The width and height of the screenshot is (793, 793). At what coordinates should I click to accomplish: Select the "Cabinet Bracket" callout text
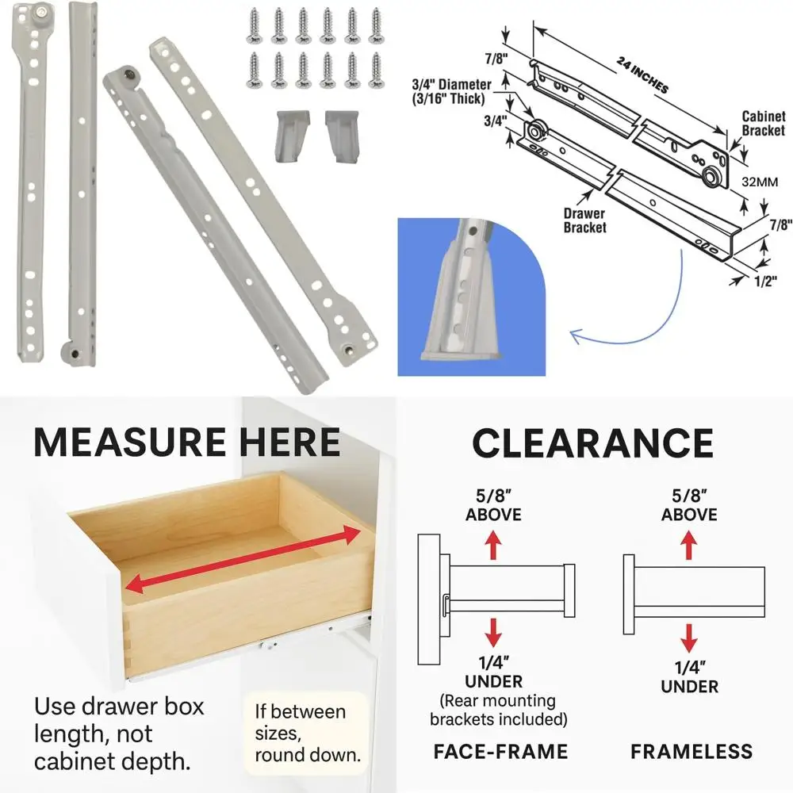763,124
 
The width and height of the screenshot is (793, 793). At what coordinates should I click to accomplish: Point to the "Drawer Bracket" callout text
585,220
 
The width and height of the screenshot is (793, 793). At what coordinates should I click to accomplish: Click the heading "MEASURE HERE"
187,442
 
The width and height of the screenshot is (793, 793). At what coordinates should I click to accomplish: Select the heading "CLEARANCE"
592,442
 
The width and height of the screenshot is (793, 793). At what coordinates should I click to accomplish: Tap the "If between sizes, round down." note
305,731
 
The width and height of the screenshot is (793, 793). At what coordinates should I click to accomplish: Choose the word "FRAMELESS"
691,751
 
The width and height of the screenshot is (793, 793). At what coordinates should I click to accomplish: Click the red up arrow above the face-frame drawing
493,546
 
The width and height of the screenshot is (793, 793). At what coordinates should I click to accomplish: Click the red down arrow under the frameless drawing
690,637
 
